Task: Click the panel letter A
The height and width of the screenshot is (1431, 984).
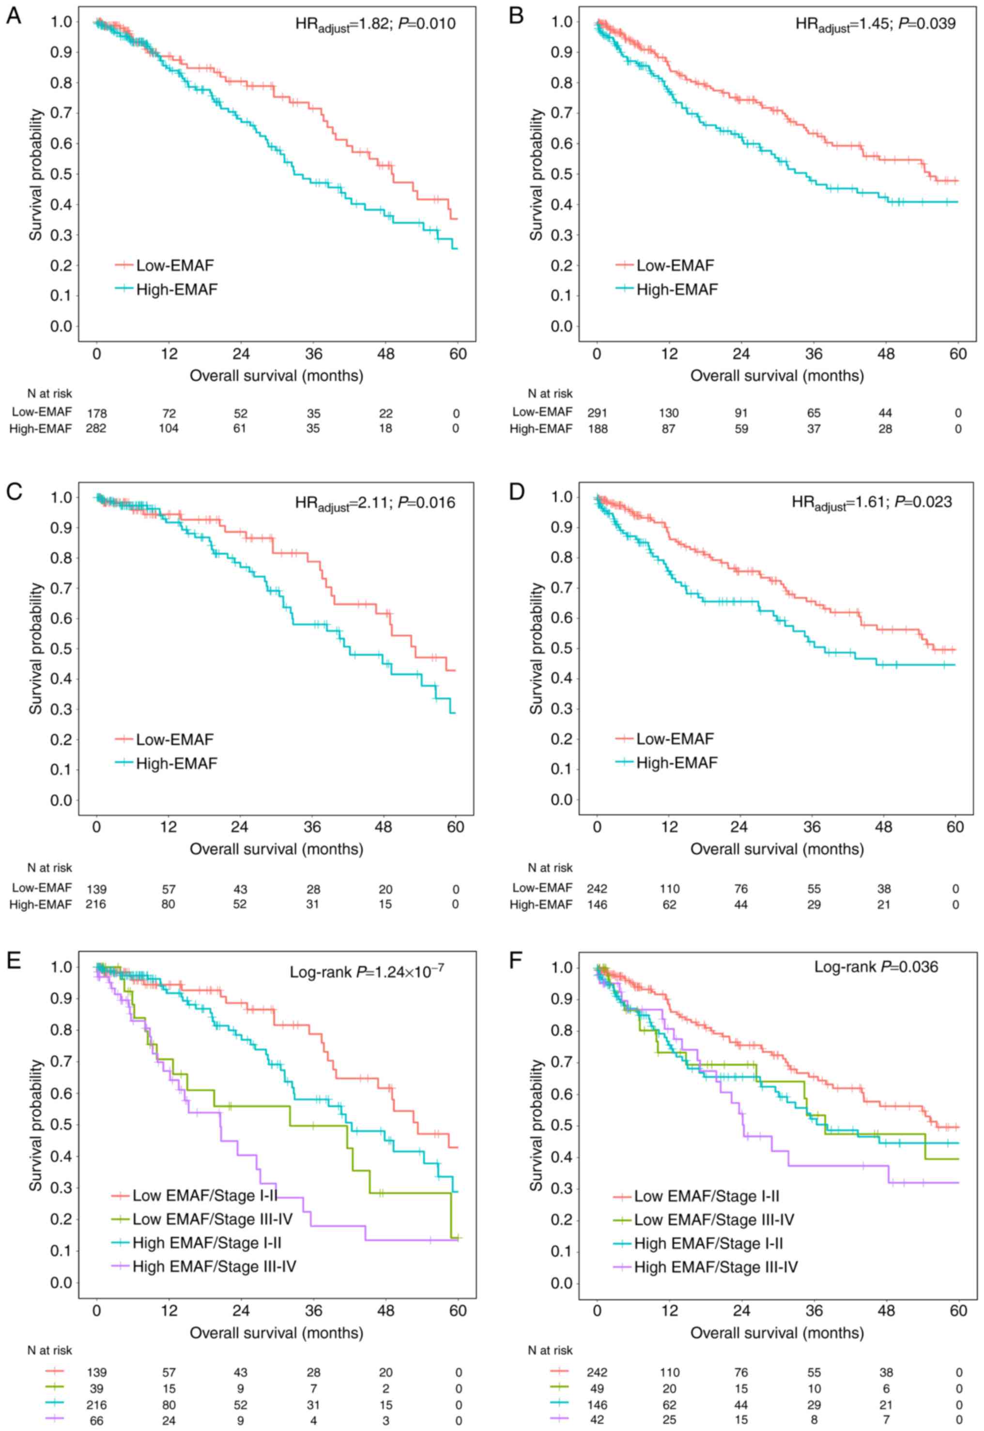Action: coord(14,16)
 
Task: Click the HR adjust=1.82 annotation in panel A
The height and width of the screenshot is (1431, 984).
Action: coord(375,25)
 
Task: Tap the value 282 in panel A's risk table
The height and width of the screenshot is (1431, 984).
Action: coord(96,427)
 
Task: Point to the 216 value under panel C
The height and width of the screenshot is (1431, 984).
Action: coord(96,904)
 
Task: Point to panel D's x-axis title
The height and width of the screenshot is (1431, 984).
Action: coord(777,849)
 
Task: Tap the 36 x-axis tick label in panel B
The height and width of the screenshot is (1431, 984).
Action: coord(814,354)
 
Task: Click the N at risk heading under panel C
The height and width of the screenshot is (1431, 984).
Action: coord(50,868)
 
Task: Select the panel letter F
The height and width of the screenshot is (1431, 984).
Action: coord(515,961)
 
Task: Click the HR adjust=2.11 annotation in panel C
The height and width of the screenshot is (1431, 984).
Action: coord(375,503)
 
